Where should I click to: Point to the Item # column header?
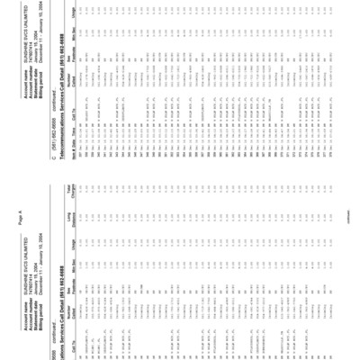(215, 68)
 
